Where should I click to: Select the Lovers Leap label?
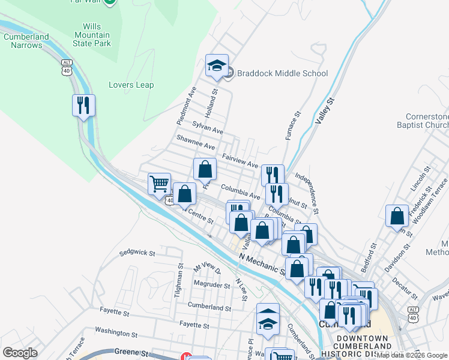[x=131, y=85]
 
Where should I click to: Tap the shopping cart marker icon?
[x=160, y=184]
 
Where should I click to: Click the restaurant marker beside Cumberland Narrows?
[x=83, y=106]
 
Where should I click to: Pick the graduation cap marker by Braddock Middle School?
[x=217, y=65]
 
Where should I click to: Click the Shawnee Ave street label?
[x=195, y=142]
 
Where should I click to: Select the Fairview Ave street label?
[x=240, y=160]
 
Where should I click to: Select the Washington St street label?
[x=116, y=331]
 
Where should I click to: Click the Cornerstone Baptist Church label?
[x=426, y=121]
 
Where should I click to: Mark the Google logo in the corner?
[x=20, y=352]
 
